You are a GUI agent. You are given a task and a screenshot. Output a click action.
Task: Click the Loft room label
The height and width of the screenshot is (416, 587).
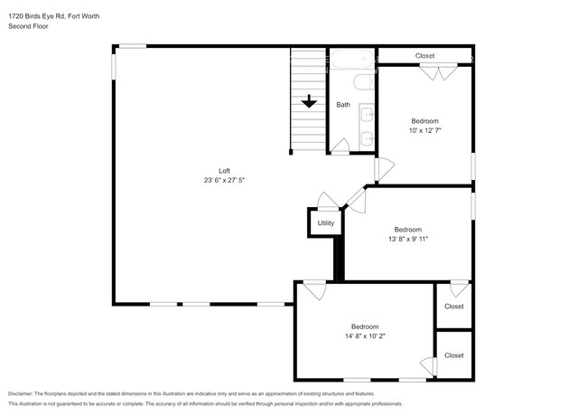click(224, 171)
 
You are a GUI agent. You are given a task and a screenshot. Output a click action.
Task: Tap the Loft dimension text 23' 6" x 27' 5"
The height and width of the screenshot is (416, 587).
click(224, 180)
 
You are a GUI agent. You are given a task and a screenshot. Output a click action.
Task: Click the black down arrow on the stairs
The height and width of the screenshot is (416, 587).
click(309, 101)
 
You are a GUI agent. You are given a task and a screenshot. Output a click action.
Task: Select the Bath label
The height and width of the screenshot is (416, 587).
click(343, 105)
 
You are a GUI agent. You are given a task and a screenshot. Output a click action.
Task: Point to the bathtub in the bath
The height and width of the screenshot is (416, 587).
click(352, 59)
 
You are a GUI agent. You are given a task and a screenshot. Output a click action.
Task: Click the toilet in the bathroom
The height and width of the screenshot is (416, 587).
click(364, 82)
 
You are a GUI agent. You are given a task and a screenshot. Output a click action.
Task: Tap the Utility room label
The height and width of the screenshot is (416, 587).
click(326, 223)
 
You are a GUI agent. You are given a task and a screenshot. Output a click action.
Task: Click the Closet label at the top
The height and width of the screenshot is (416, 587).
click(425, 56)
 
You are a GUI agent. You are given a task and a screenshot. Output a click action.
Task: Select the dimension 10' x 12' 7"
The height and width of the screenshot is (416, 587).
click(425, 130)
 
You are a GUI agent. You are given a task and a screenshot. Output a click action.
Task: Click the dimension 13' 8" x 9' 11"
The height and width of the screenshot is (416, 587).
click(408, 239)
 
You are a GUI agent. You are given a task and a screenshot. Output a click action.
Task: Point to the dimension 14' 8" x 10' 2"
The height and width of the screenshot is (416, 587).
click(365, 336)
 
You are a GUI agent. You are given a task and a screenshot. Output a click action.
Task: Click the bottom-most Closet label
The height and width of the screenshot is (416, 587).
click(454, 355)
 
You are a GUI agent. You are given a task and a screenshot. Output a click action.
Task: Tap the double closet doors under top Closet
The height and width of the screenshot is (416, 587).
click(438, 72)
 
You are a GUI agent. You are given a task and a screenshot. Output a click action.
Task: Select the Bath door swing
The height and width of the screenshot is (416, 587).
click(340, 147)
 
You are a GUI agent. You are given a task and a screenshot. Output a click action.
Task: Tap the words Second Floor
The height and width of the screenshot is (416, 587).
click(28, 26)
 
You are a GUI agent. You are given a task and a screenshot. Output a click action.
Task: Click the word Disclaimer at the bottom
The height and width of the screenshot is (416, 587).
click(21, 393)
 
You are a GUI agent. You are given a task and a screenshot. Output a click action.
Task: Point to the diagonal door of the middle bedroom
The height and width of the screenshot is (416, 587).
click(357, 201)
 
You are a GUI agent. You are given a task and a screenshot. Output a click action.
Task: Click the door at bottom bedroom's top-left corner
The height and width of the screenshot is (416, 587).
click(315, 290)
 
